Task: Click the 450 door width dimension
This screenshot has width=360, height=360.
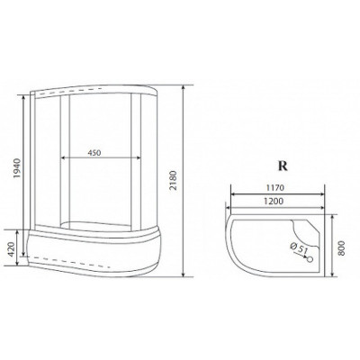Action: (x=94, y=153)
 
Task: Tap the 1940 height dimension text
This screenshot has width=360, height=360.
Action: (x=17, y=168)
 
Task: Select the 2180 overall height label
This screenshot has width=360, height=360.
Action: (x=174, y=181)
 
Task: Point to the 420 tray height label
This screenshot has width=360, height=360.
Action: (x=11, y=249)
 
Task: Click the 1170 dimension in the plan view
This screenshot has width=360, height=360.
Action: (x=274, y=188)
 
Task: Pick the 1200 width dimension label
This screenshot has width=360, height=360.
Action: (x=274, y=201)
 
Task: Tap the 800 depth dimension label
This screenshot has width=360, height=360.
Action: (x=341, y=247)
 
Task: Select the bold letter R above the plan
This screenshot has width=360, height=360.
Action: (x=283, y=166)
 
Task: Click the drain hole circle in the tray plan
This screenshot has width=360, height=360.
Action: (x=310, y=258)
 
